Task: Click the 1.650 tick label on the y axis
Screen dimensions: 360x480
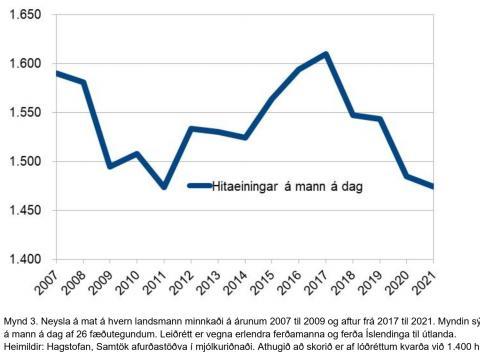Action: pyautogui.click(x=23, y=15)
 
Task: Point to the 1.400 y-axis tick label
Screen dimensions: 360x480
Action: pyautogui.click(x=23, y=260)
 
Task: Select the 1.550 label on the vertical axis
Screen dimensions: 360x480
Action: pyautogui.click(x=23, y=113)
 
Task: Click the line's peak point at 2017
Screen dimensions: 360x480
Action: pyautogui.click(x=327, y=54)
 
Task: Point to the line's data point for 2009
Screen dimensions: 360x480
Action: pyautogui.click(x=111, y=166)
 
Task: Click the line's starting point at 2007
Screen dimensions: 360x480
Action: pyautogui.click(x=57, y=73)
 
